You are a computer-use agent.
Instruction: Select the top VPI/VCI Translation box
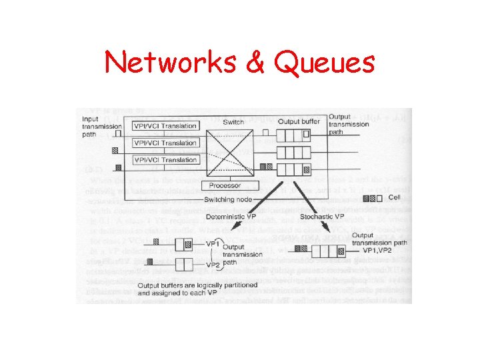(x=165, y=126)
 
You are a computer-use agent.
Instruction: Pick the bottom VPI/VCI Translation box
(x=165, y=160)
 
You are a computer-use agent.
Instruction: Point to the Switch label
(x=233, y=122)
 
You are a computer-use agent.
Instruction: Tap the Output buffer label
(x=299, y=121)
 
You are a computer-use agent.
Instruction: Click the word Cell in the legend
(x=395, y=197)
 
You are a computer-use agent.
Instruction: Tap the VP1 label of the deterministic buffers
(x=213, y=245)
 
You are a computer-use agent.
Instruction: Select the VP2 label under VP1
(x=213, y=265)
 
